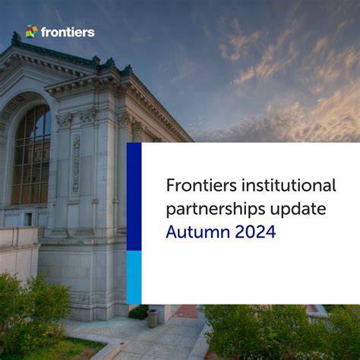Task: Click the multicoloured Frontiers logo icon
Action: [31, 32]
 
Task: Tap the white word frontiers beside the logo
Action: [68, 32]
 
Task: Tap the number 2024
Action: [254, 232]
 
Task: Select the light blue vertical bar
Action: [134, 276]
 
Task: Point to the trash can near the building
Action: [153, 317]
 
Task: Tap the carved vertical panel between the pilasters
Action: [76, 163]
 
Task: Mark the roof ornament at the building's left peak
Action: [16, 38]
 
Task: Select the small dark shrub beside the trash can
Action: [138, 312]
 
